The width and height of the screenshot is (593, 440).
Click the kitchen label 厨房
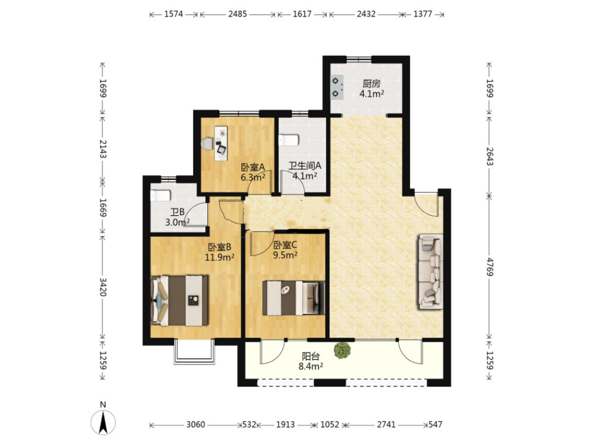pos(371,83)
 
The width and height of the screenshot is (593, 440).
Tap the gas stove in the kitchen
pos(336,87)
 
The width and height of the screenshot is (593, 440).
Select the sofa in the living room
pos(431,271)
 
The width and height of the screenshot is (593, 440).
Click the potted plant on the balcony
pos(343,350)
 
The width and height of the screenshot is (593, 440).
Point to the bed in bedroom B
pos(179,300)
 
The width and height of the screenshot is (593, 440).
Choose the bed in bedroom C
pos(294,298)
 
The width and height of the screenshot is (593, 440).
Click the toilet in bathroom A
pos(289,140)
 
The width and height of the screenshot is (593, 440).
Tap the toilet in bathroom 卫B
pos(160,196)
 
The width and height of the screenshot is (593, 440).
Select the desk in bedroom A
pos(221,143)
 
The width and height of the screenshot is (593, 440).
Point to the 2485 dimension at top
pos(237,14)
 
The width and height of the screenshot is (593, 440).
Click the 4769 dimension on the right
pos(490,267)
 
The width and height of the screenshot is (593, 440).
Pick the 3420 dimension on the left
pos(103,287)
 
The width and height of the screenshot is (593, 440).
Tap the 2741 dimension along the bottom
pos(386,425)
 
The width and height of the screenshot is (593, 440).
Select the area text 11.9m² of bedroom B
pos(219,257)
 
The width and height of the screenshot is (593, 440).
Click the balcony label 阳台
pos(311,356)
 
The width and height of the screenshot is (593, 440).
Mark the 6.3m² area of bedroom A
pos(253,177)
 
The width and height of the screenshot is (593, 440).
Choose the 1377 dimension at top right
pos(423,14)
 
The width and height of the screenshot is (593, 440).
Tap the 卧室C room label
pos(285,245)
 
